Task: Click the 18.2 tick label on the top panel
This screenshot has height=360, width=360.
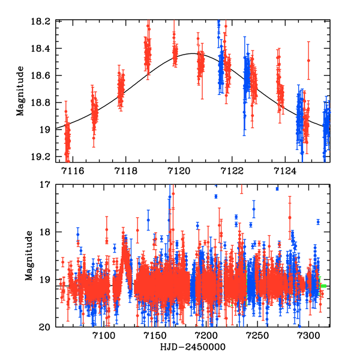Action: click(43, 21)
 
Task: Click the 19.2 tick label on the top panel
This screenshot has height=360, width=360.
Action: click(43, 157)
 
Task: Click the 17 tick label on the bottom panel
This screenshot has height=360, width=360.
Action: click(46, 185)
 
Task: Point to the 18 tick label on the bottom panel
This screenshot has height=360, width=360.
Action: click(46, 232)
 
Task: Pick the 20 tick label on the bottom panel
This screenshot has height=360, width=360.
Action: click(46, 327)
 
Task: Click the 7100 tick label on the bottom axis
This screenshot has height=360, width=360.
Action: click(104, 337)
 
